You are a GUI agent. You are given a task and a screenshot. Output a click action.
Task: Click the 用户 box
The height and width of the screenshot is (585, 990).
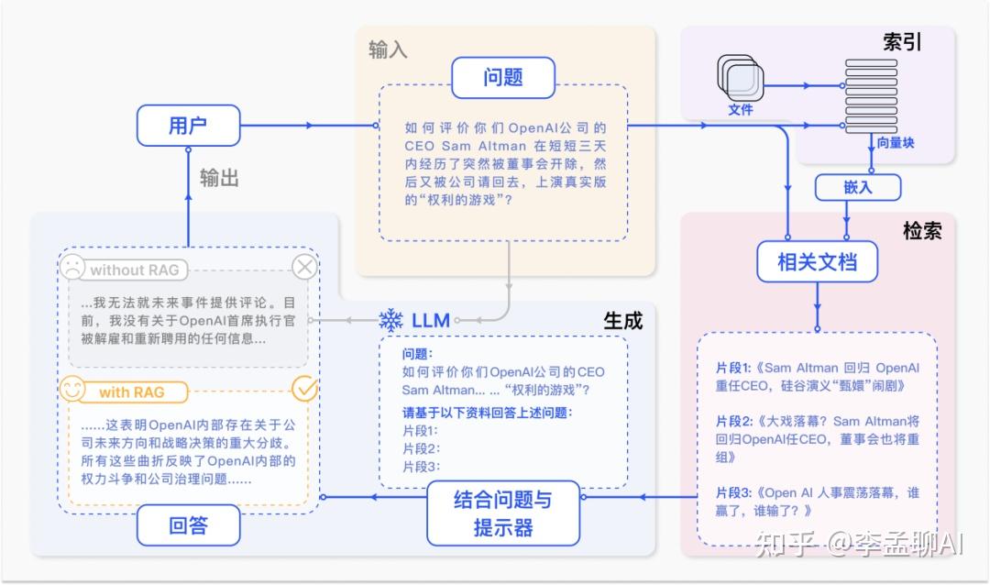click(x=188, y=126)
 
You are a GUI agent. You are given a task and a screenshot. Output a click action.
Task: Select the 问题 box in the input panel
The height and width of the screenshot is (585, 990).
click(x=502, y=78)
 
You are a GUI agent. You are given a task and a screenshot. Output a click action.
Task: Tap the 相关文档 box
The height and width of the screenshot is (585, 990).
click(x=816, y=263)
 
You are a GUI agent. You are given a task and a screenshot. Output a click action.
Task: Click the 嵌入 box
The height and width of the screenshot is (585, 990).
click(x=858, y=187)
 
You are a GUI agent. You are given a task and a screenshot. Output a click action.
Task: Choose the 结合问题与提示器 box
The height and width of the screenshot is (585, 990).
click(x=503, y=513)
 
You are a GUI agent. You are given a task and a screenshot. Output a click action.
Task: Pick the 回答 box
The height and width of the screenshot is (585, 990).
click(x=189, y=526)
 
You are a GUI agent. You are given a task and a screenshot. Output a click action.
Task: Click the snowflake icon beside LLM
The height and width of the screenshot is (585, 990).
click(x=391, y=320)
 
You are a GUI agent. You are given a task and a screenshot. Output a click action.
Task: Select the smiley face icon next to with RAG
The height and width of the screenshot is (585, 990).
click(x=72, y=390)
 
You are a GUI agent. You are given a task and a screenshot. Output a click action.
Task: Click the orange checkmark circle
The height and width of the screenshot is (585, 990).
click(x=304, y=389)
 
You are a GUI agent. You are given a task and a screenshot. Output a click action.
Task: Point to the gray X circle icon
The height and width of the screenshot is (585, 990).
click(x=304, y=268)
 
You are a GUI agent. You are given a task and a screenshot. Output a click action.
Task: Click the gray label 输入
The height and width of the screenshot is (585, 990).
click(x=388, y=50)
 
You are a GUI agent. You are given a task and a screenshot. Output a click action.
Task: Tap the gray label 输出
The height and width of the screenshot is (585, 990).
click(x=219, y=178)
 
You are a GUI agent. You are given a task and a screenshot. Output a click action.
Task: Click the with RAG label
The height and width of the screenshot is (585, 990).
click(x=132, y=392)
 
